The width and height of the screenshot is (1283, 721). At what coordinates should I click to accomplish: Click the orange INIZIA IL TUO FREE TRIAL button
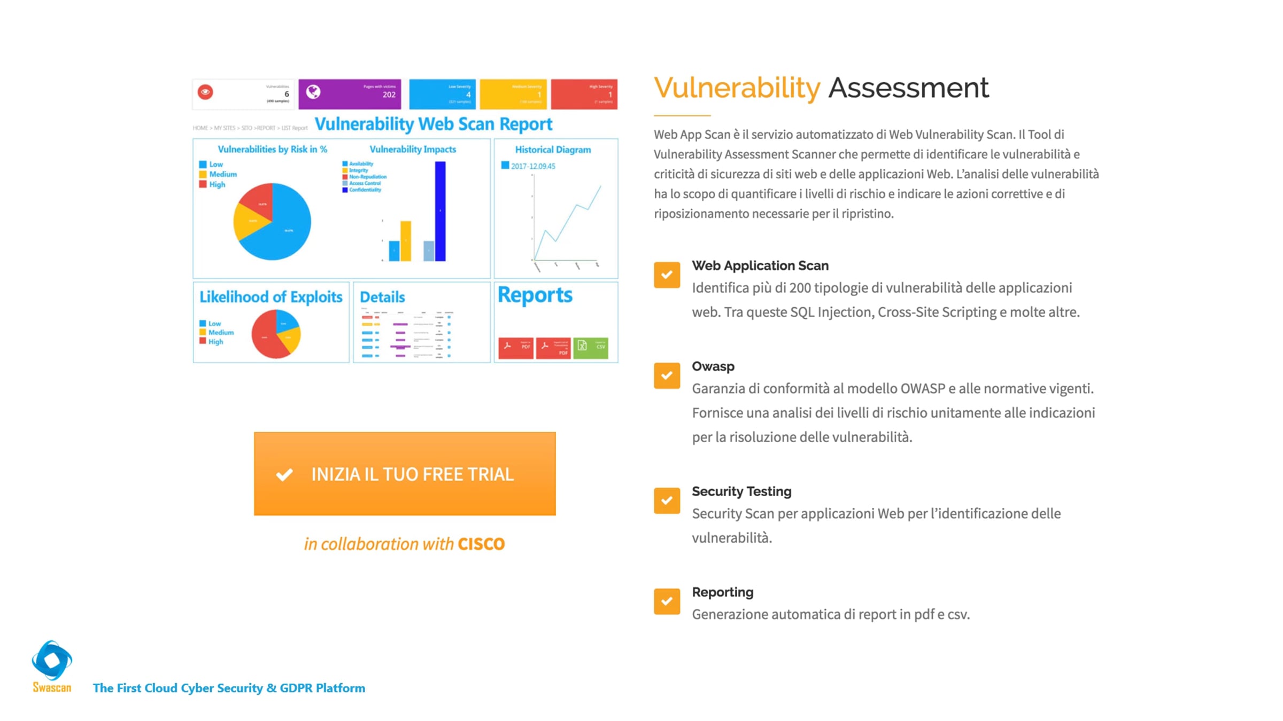405,474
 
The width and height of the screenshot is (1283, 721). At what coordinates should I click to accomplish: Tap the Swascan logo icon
52,660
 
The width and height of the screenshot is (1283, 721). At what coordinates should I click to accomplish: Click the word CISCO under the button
481,544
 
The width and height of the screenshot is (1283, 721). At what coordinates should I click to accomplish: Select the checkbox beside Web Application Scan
667,275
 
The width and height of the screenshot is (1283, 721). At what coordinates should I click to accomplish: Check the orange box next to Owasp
667,375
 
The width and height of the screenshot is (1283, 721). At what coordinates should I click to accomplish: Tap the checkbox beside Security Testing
667,500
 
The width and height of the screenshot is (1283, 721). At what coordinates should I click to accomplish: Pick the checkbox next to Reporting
667,601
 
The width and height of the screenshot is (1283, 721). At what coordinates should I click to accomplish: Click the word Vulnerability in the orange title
737,88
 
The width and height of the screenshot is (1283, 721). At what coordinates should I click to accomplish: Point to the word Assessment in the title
908,88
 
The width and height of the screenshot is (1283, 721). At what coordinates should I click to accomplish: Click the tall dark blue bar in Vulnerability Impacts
440,211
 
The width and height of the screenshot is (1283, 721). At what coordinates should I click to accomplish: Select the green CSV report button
590,348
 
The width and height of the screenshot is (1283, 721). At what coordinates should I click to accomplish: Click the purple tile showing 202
350,94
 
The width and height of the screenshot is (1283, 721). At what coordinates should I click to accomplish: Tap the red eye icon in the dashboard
205,92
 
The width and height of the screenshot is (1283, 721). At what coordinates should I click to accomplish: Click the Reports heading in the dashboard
535,295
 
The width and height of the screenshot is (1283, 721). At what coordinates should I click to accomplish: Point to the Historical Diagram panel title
553,150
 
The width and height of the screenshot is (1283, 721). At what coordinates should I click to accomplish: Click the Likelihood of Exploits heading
270,297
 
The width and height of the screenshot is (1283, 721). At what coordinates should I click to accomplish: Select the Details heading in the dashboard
382,297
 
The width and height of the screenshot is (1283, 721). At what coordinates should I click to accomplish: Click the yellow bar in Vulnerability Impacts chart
406,241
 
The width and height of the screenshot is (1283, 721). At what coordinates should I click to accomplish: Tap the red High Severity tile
584,94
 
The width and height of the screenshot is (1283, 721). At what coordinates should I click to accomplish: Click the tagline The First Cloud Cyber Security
229,688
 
